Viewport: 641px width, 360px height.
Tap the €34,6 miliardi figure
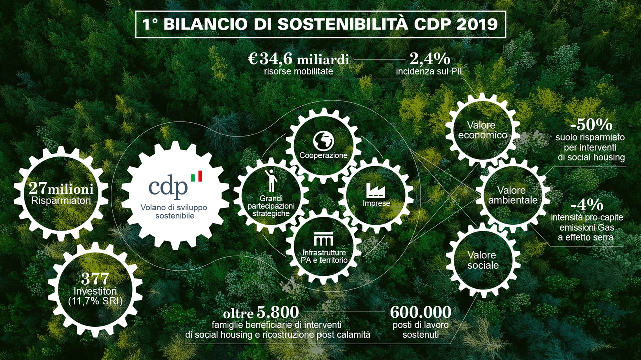point(298,59)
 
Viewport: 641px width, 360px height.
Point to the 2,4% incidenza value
point(430,59)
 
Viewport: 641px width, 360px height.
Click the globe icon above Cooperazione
point(324,141)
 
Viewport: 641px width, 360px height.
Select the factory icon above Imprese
point(376,190)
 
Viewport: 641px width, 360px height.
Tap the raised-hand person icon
point(271,181)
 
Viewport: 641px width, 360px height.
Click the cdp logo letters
point(168,187)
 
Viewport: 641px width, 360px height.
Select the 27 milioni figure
point(61,189)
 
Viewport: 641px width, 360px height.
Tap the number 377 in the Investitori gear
point(95,279)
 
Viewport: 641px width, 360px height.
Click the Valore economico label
point(482,130)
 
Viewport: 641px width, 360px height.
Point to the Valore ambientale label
point(513,195)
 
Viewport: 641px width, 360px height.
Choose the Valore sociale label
point(483,260)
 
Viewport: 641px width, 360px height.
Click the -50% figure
point(591,125)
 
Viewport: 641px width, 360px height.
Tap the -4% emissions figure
point(587,205)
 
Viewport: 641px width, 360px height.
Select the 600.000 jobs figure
point(420,312)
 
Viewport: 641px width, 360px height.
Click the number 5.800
point(278,312)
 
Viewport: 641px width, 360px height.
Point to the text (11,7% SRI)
point(95,301)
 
